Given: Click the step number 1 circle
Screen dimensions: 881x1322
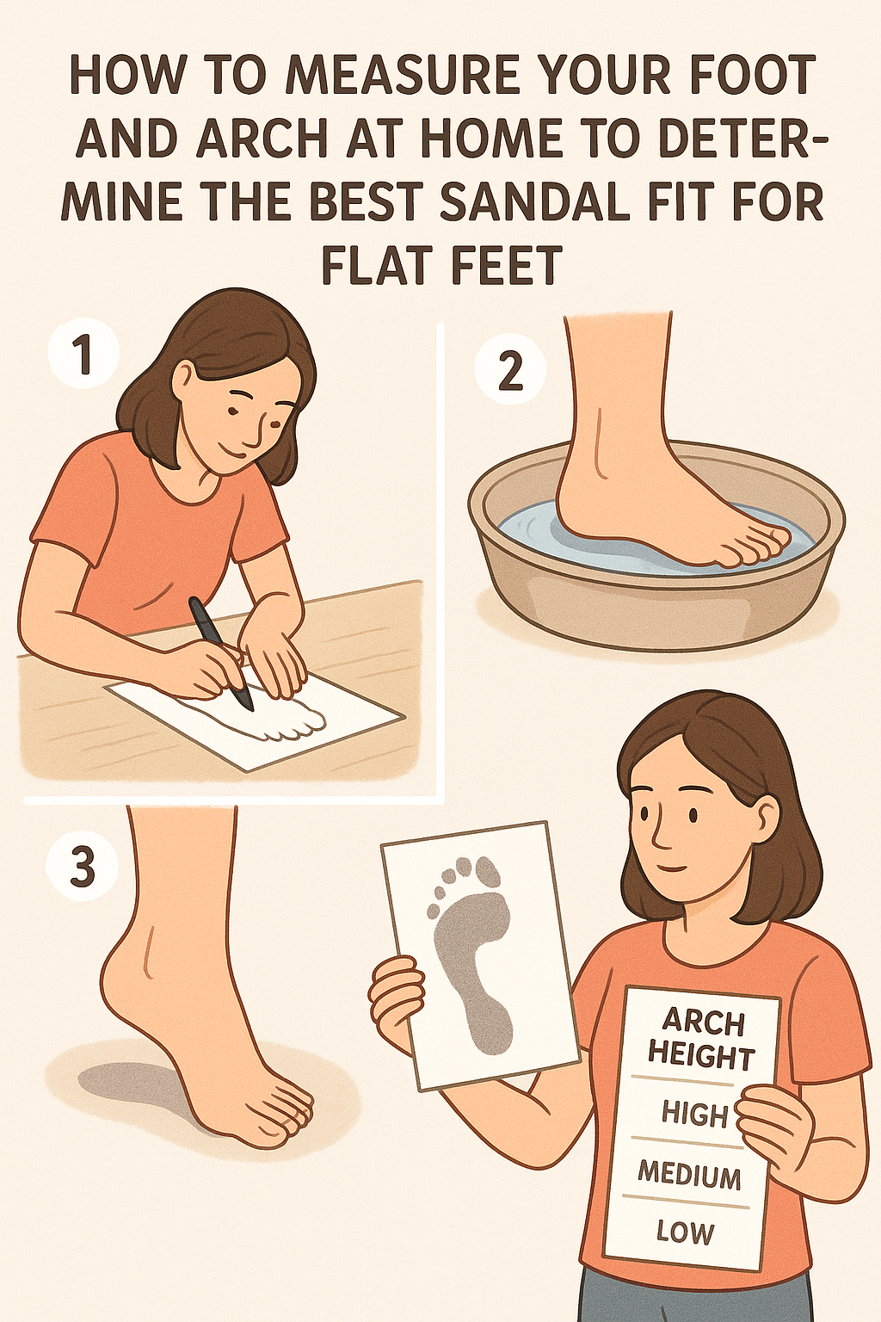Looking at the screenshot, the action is (x=83, y=355).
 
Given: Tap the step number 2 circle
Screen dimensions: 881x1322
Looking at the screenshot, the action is (x=510, y=371).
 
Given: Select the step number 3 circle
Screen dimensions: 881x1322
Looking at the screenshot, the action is (x=82, y=867).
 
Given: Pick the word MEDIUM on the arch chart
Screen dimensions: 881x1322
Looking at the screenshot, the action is (x=689, y=1174).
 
